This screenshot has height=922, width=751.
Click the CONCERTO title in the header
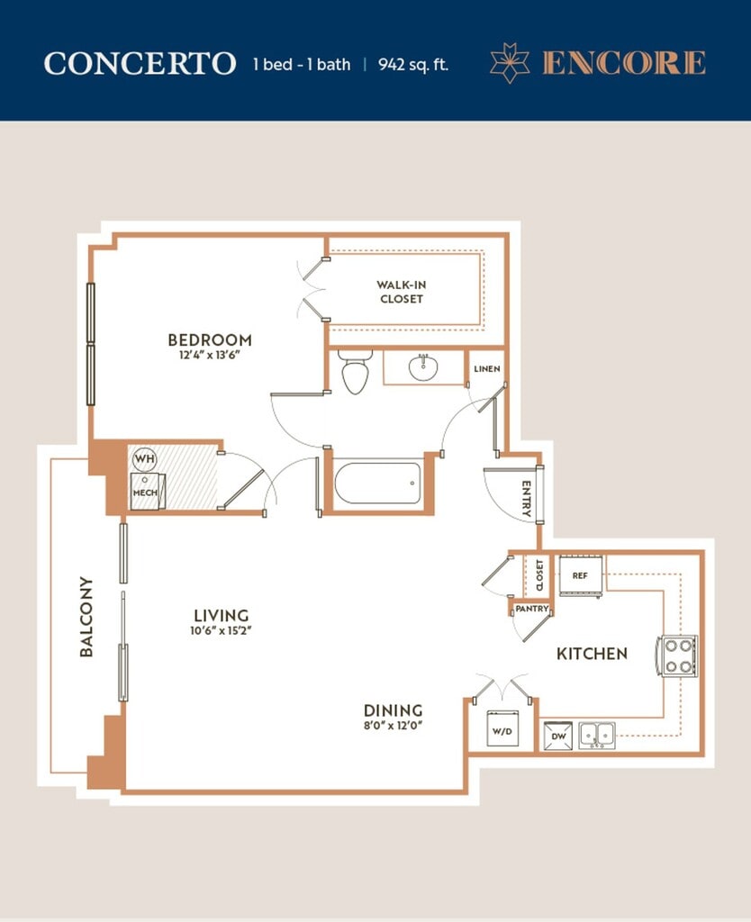coord(140,64)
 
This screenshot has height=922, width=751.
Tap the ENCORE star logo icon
coord(510,63)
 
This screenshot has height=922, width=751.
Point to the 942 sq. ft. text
coord(412,64)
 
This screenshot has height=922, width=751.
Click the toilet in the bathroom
coord(355,371)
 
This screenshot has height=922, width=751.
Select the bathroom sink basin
coord(423,367)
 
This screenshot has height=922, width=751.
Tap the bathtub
coord(377,484)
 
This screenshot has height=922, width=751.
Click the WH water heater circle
coord(145,458)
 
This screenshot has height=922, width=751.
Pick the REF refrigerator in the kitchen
coord(580,575)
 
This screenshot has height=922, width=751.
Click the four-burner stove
coord(677,655)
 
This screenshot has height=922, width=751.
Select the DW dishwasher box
coord(557,736)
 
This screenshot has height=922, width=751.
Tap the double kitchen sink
coord(596,735)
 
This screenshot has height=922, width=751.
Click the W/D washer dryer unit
coord(502,728)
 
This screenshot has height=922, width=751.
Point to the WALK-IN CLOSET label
coord(402,292)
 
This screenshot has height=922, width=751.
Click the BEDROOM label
coord(210,339)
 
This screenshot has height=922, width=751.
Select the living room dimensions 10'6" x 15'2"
coord(222,631)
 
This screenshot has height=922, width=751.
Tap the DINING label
coord(393,710)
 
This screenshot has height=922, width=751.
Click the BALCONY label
coord(86,616)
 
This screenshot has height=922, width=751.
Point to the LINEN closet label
coord(487,368)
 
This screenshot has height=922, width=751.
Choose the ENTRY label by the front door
coord(527,499)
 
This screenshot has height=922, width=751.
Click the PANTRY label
coord(531,609)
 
